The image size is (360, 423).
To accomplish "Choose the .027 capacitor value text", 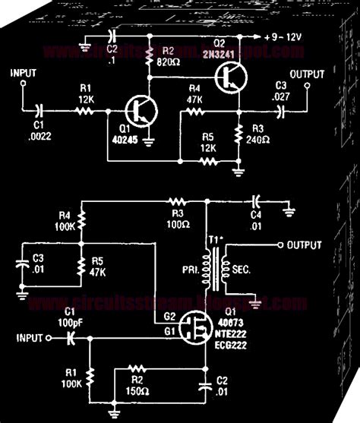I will [283, 96].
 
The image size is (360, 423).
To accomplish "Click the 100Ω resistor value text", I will [178, 224].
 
